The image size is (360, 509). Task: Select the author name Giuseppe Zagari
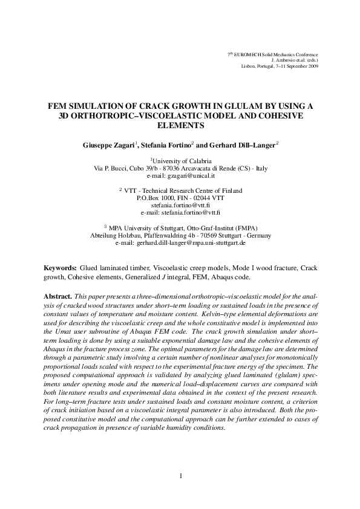tap(108, 146)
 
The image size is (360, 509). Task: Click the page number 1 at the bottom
tap(180, 475)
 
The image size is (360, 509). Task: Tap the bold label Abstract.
tap(58, 297)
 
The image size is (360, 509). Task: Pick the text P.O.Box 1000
tap(156, 198)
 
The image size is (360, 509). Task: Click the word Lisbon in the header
tap(248, 66)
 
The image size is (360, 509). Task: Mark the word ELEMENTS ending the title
tap(180, 126)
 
